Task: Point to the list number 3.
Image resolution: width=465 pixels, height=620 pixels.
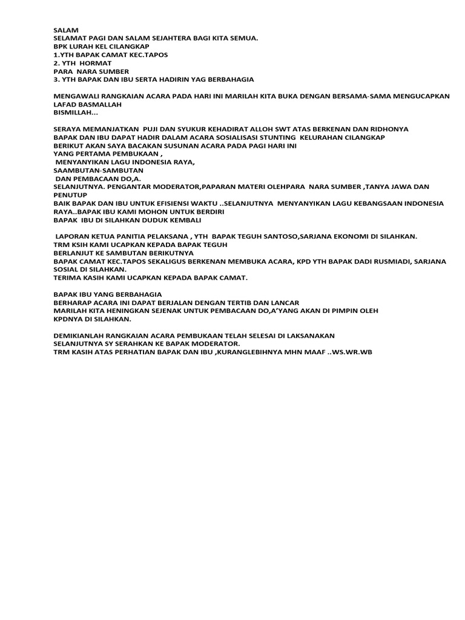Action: pyautogui.click(x=56, y=79)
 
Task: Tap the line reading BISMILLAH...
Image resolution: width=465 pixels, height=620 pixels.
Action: pyautogui.click(x=75, y=113)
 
